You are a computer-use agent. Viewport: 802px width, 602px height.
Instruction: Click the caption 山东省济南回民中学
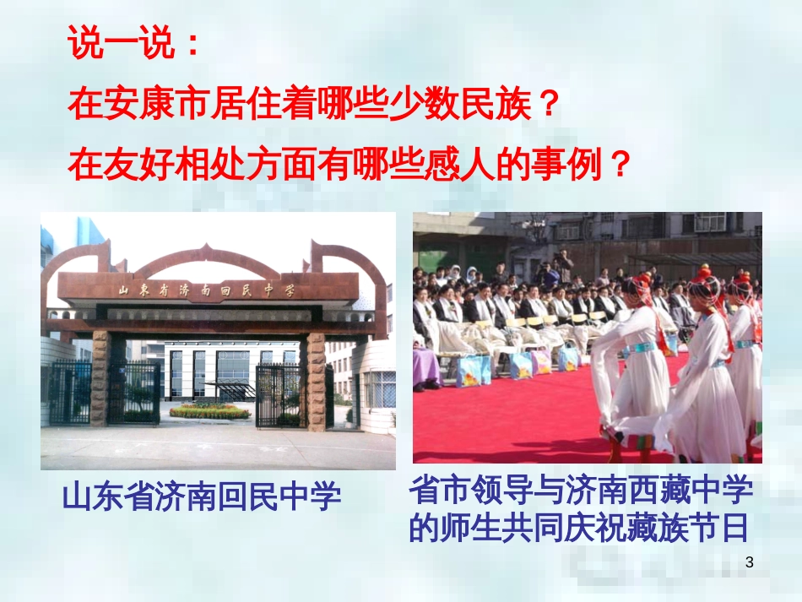(x=202, y=496)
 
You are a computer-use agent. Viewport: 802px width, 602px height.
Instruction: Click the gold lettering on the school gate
(x=207, y=289)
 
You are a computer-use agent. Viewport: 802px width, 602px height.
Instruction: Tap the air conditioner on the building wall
(x=709, y=222)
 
